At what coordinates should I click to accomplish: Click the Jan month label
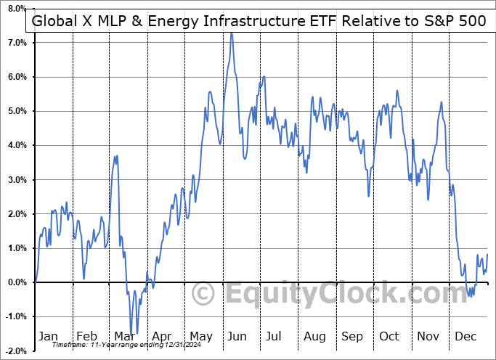point(49,337)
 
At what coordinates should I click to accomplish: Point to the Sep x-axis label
point(352,337)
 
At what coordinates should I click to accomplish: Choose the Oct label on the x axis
point(389,337)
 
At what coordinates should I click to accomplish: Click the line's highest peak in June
point(232,33)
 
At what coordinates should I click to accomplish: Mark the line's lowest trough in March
point(132,333)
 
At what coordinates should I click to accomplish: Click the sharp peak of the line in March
point(116,155)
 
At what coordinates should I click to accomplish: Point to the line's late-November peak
point(441,102)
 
